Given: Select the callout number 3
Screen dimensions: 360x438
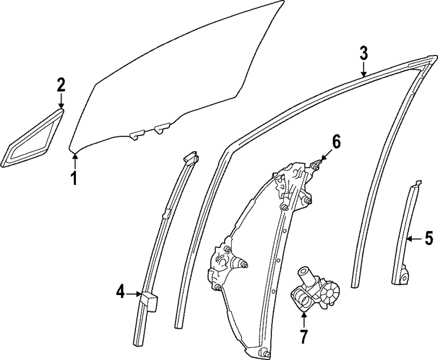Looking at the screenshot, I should (x=364, y=54).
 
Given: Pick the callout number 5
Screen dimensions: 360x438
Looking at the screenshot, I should (x=428, y=239).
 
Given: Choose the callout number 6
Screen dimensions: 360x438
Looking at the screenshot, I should (x=335, y=142).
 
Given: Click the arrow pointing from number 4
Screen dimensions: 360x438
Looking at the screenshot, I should (x=133, y=294).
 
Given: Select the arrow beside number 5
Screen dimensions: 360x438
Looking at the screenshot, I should (x=414, y=239).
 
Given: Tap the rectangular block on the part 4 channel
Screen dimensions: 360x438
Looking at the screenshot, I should (x=148, y=301).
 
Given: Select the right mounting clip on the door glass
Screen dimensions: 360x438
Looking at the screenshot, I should (x=162, y=127).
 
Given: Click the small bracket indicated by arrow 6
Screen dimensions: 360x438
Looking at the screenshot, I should (x=316, y=165).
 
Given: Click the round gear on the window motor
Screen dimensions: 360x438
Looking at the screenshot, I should (x=331, y=293).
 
